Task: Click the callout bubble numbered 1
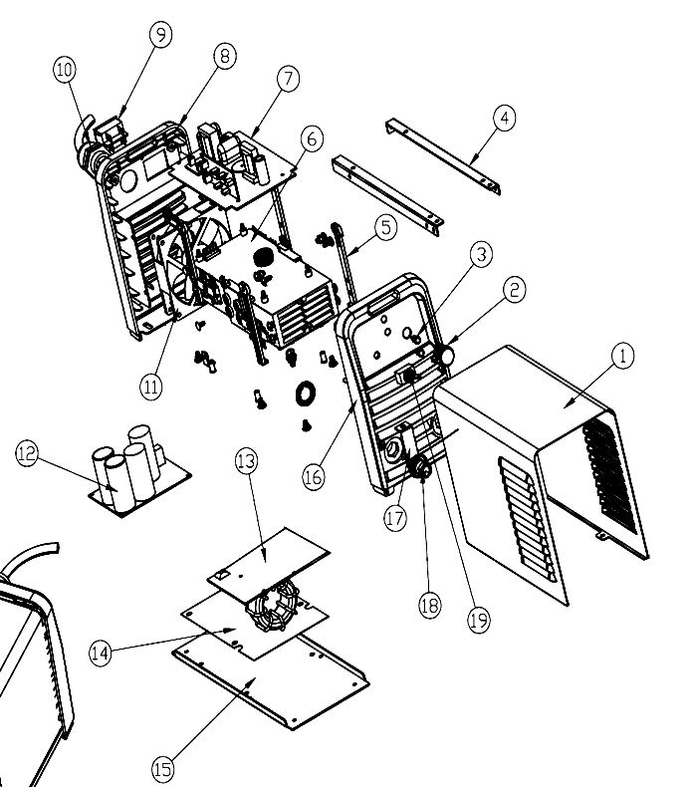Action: (x=622, y=356)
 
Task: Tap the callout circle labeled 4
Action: (x=504, y=118)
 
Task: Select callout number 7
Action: (x=288, y=79)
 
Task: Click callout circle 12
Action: (x=28, y=453)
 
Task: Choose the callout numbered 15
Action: (x=163, y=768)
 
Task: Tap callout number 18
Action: (x=429, y=607)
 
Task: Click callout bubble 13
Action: (x=246, y=461)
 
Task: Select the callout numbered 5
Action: (x=385, y=226)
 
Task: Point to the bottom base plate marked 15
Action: (x=269, y=687)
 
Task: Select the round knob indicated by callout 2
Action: (x=445, y=355)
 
